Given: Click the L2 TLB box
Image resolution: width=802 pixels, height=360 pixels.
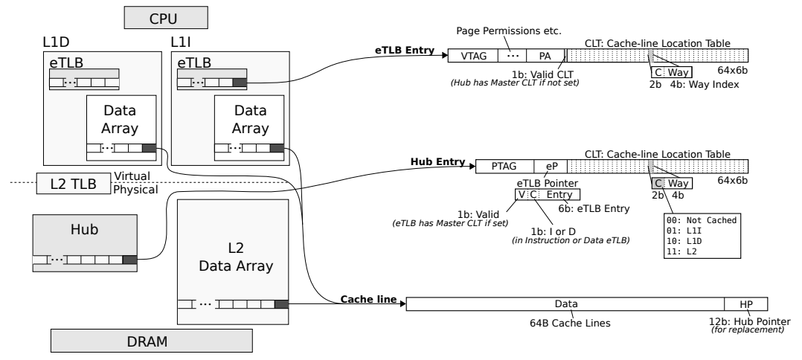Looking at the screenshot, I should point(72,182).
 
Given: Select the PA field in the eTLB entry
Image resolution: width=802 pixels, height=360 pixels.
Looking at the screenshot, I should point(542,56).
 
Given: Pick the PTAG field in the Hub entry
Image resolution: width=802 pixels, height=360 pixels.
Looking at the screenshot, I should point(504,167).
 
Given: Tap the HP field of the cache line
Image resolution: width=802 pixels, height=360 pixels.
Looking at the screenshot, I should point(745,303).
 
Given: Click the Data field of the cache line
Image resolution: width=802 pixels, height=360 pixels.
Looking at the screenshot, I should point(566,303).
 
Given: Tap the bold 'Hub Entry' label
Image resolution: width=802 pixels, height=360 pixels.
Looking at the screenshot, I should point(437,161).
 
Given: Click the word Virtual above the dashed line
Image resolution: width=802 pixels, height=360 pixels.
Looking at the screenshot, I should point(132,176).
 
